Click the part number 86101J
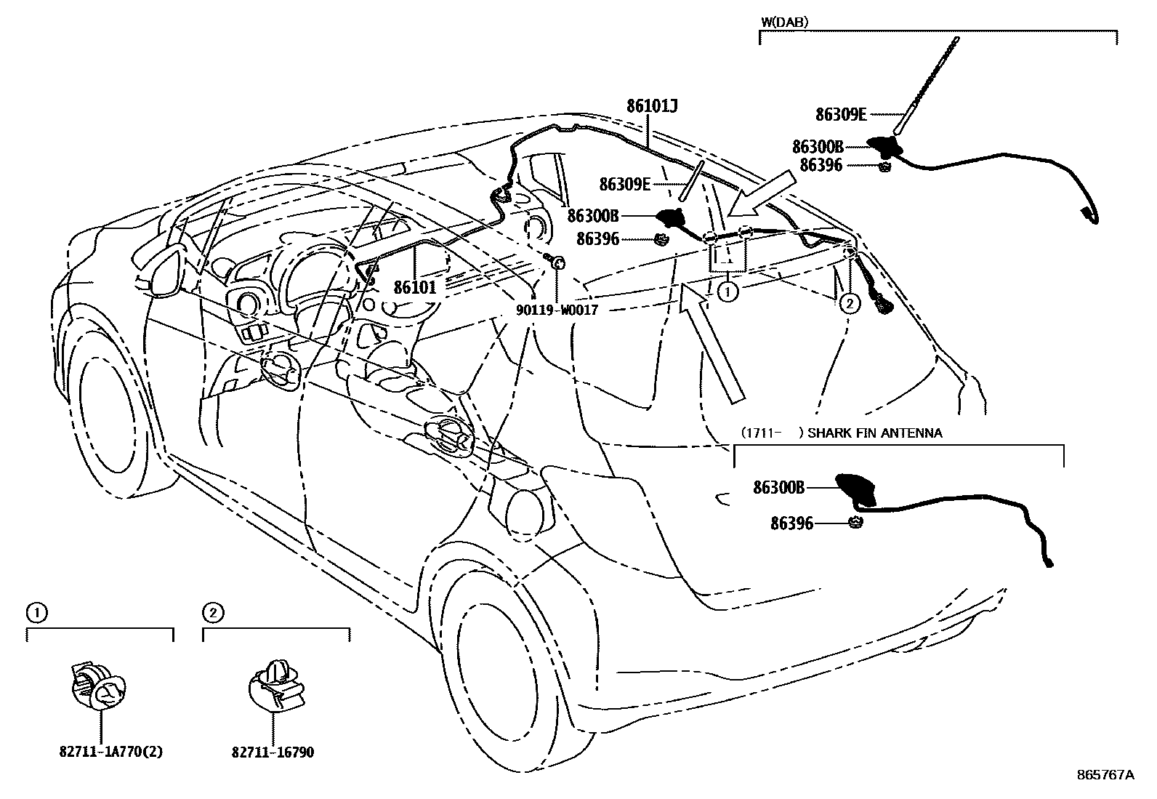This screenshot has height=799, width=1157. [x=652, y=107]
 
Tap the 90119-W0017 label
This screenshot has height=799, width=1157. [x=557, y=310]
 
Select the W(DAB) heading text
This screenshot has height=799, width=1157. [x=784, y=22]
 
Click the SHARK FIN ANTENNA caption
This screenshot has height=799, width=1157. [x=875, y=433]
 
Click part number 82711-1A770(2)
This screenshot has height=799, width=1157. [x=110, y=752]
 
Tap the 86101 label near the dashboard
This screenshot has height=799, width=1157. [x=415, y=287]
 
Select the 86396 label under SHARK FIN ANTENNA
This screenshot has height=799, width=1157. [x=791, y=523]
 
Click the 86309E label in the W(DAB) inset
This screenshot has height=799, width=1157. [x=841, y=114]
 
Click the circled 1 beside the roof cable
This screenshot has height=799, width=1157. [x=727, y=292]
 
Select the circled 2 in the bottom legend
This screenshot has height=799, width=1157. [x=211, y=614]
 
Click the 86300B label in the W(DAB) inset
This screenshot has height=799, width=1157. [x=818, y=147]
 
